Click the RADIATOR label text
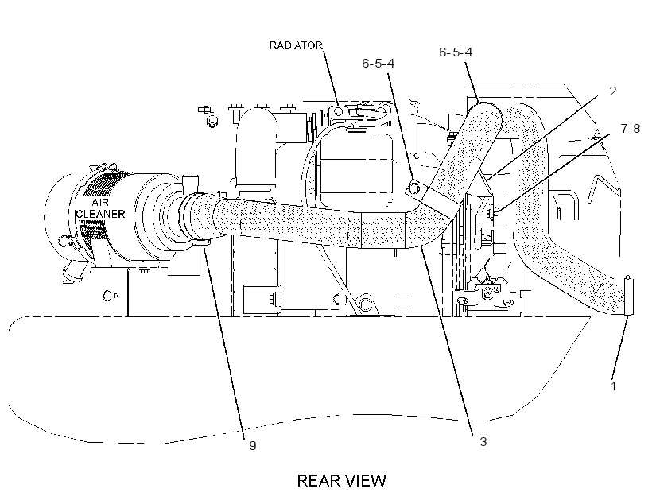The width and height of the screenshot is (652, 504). point(296,45)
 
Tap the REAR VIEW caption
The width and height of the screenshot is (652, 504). point(341,480)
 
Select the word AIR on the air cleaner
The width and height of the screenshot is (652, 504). point(100,203)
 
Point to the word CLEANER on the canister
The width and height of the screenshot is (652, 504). point(101,214)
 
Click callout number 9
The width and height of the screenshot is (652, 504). point(252,446)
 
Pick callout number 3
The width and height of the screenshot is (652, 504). point(483,442)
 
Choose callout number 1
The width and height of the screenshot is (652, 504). point(613,386)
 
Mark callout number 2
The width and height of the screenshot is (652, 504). point(612,91)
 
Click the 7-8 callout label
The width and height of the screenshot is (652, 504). point(631,129)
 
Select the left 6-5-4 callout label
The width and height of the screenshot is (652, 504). point(378,64)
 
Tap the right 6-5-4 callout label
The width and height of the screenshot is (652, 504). point(456,52)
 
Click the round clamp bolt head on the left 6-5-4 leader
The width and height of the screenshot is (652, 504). point(413,188)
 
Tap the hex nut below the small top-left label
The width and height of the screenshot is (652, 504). point(212,121)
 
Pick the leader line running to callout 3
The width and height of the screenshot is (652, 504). point(447,339)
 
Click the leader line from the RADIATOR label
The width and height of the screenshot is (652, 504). point(331,77)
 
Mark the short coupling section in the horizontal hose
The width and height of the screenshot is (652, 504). point(383,230)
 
